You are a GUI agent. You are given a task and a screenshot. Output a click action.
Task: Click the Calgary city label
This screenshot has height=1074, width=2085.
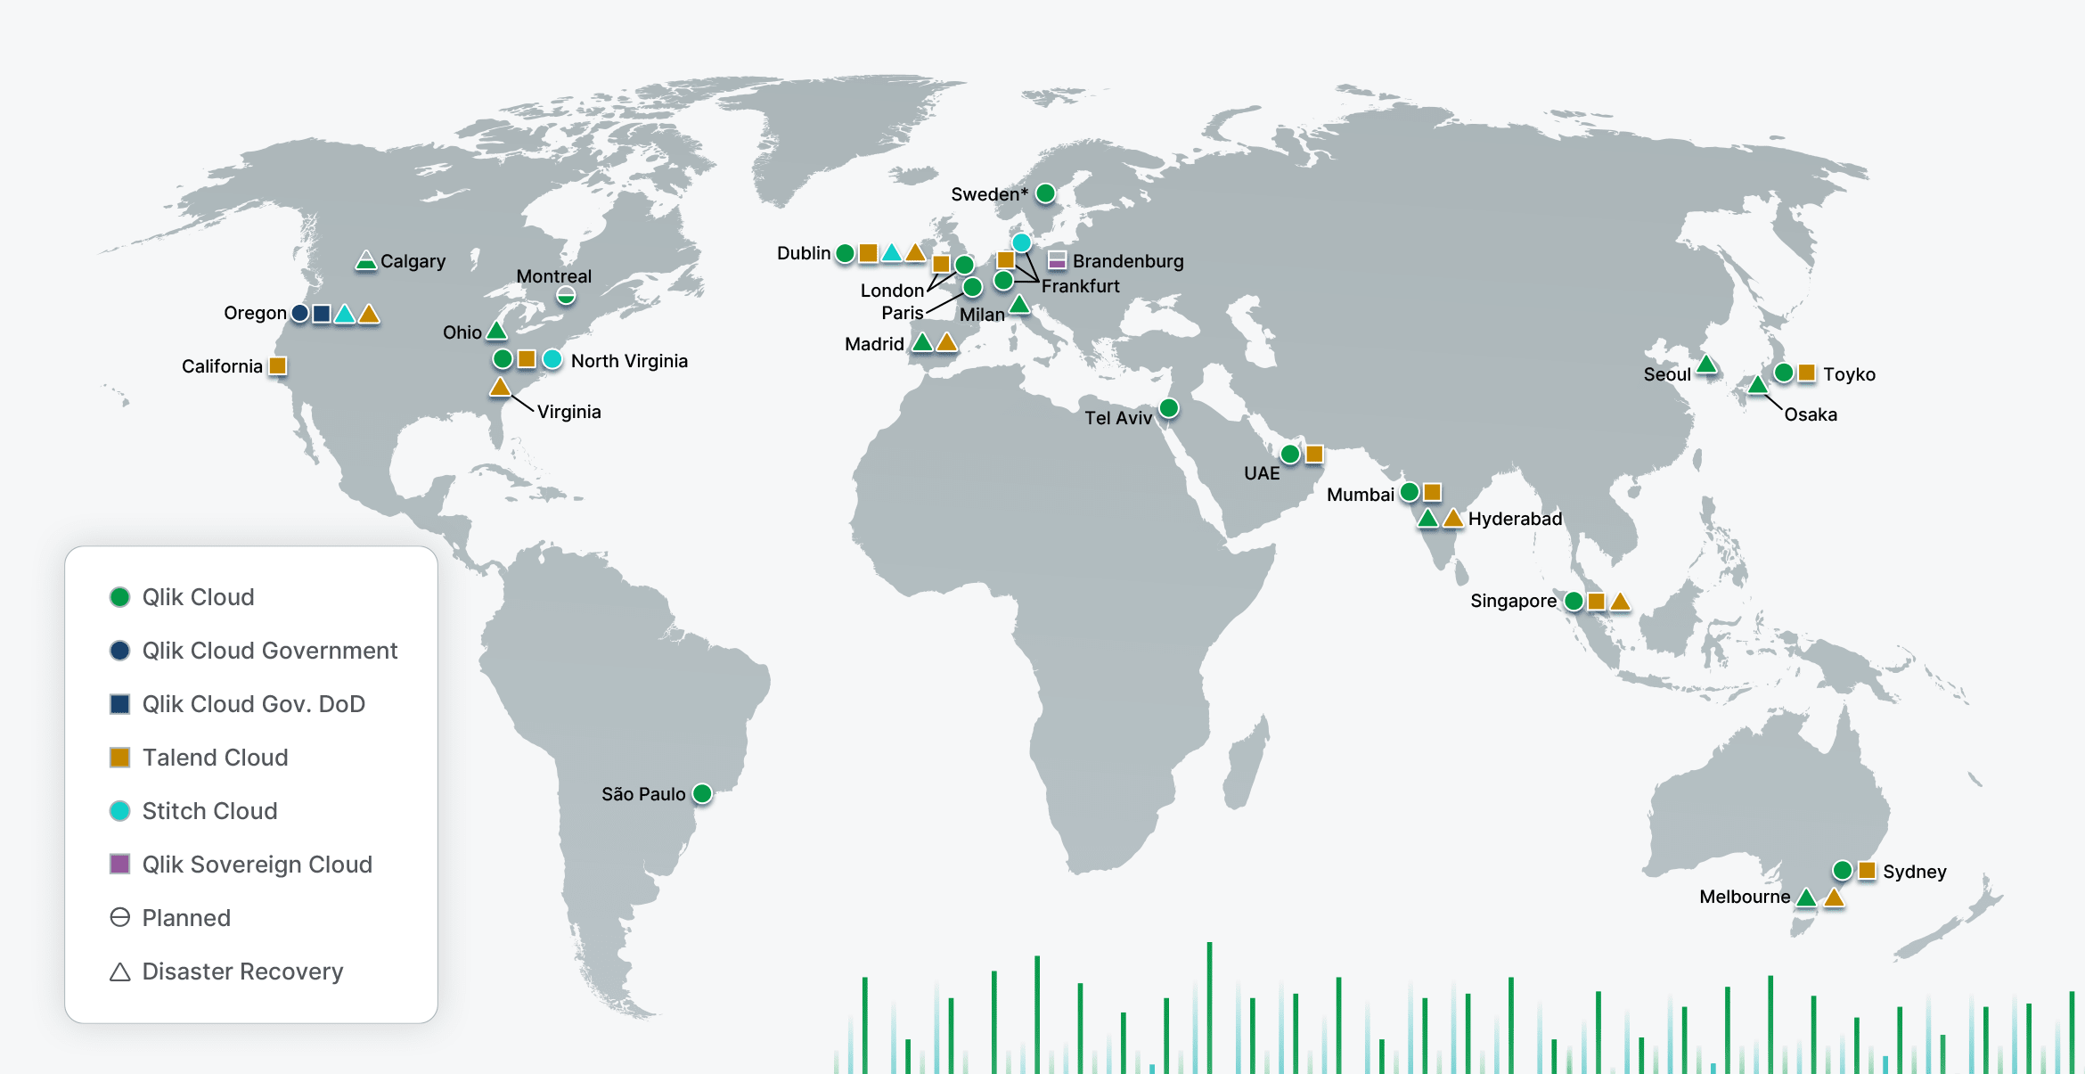(413, 261)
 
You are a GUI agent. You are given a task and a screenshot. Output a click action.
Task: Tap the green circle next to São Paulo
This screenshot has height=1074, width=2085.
(702, 793)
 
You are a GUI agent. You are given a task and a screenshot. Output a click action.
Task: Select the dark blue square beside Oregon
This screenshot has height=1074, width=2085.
(322, 314)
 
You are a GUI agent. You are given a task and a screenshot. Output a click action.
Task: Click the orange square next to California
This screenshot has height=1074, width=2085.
(278, 365)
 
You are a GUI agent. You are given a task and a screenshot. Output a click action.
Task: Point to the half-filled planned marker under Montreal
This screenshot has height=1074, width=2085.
(566, 295)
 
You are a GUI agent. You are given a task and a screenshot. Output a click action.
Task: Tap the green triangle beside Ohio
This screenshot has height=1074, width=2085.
(497, 332)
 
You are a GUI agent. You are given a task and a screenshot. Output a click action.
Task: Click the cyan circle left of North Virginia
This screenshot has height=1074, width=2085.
(552, 359)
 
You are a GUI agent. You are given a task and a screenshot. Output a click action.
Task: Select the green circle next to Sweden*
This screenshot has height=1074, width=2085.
(1046, 193)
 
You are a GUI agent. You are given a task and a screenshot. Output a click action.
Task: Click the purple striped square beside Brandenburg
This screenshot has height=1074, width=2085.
(1057, 260)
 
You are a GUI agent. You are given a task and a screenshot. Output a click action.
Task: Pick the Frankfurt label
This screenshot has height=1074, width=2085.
(1080, 286)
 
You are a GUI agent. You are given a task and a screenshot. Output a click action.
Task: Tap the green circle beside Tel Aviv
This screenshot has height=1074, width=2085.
(1169, 408)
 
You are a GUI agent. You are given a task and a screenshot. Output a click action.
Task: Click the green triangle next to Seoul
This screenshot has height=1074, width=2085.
(1706, 365)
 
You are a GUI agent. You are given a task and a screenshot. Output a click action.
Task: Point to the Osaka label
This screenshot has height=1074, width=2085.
(1810, 414)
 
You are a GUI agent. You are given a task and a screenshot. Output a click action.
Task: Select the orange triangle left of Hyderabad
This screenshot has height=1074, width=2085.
(1453, 519)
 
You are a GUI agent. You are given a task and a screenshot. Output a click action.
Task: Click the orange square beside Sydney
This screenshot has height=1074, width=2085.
(1867, 870)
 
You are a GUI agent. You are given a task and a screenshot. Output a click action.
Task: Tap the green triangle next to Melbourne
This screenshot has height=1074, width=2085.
(1806, 898)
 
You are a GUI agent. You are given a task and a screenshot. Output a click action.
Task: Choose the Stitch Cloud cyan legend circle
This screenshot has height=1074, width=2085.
(119, 811)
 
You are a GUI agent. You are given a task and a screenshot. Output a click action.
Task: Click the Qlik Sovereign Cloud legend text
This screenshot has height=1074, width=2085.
(257, 865)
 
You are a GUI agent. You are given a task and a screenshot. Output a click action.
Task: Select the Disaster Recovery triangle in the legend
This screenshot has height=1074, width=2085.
(119, 972)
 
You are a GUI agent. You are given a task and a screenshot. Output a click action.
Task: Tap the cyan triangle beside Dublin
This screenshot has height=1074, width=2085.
(891, 254)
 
